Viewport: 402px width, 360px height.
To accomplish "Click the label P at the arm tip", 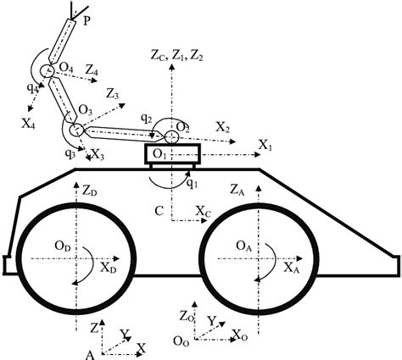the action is (87, 21).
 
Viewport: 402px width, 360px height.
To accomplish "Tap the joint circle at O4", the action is (47, 70).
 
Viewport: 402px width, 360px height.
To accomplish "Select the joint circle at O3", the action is (76, 130).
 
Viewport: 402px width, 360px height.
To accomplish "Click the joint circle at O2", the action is (171, 137).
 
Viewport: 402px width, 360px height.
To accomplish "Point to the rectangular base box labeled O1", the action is (173, 153).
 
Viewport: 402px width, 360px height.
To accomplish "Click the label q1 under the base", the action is (192, 184).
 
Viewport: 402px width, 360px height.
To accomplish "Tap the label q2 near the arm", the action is (146, 119).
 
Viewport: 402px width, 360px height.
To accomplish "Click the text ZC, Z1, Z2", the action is (176, 56).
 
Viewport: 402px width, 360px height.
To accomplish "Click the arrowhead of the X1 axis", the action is (257, 154).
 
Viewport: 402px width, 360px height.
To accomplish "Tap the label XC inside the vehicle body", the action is (204, 211).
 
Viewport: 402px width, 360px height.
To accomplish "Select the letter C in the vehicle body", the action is (159, 211).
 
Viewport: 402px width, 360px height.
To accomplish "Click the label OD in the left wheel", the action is (63, 246).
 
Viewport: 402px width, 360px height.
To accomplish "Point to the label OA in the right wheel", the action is (243, 246).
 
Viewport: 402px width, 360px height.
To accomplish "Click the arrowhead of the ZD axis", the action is (75, 185).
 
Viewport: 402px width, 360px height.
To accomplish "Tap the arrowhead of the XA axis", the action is (299, 258).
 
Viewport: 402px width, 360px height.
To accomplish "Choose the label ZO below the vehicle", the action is (187, 316).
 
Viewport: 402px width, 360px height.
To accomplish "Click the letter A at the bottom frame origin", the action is (90, 355).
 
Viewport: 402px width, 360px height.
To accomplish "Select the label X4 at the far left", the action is (28, 124).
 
